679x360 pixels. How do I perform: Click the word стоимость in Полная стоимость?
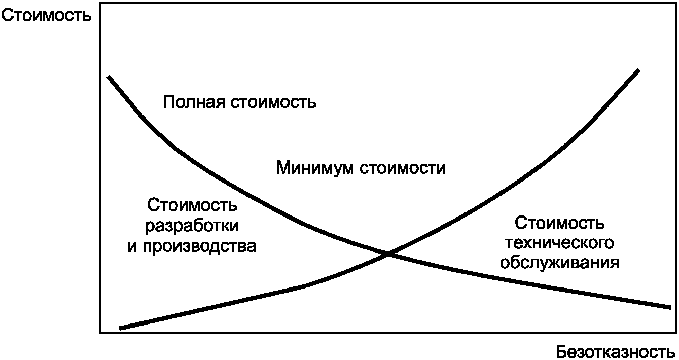[x=274, y=102]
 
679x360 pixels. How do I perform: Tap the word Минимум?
[x=315, y=167]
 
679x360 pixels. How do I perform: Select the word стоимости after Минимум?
[x=403, y=167]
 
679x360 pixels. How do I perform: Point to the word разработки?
[x=192, y=226]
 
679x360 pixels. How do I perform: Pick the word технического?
[x=560, y=243]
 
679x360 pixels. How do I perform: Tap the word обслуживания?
[x=560, y=263]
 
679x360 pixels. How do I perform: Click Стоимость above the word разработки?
[x=192, y=206]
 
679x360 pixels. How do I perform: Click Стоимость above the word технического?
[x=560, y=223]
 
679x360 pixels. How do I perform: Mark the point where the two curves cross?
[x=389, y=253]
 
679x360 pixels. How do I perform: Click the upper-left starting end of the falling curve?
[x=109, y=77]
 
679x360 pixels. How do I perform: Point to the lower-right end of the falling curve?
[x=670, y=307]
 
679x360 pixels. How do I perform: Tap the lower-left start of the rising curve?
[x=120, y=328]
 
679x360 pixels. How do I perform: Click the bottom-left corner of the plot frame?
[x=100, y=333]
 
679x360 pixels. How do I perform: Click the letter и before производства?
[x=132, y=246]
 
